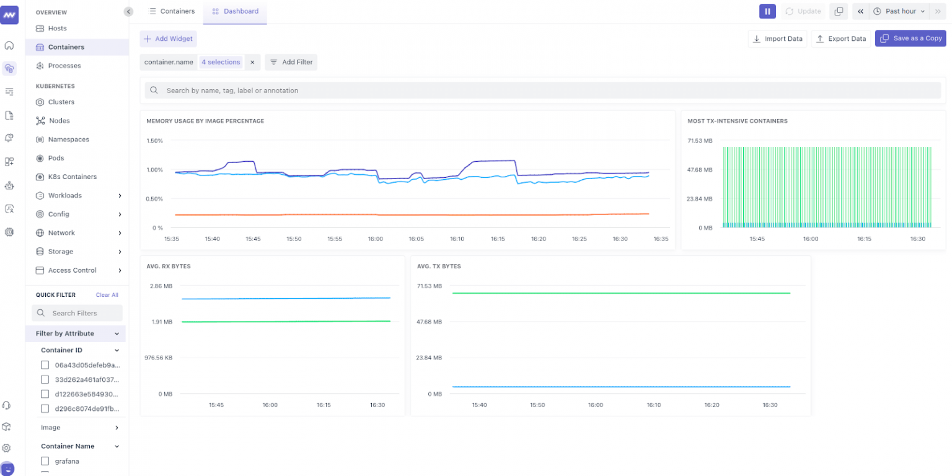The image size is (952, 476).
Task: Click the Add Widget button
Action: tap(168, 38)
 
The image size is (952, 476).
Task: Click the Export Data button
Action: tap(840, 38)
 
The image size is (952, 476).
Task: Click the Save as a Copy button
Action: tap(910, 38)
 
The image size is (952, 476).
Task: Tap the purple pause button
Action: tap(767, 11)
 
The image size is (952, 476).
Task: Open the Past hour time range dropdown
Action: tap(899, 11)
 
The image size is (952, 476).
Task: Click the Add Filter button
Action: tap(291, 62)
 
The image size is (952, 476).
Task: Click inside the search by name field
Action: tap(539, 90)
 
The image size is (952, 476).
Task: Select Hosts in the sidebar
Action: tap(57, 29)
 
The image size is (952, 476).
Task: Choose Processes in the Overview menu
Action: tap(64, 66)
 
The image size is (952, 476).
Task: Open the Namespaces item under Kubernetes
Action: tap(68, 139)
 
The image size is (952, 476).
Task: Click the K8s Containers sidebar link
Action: tap(72, 177)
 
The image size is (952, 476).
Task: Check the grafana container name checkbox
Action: tap(45, 461)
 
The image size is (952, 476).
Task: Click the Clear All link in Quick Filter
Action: tap(107, 295)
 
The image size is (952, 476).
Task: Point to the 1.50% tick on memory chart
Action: tap(154, 141)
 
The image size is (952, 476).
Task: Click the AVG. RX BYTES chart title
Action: tap(168, 267)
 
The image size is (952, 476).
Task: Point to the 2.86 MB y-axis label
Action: tap(161, 286)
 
